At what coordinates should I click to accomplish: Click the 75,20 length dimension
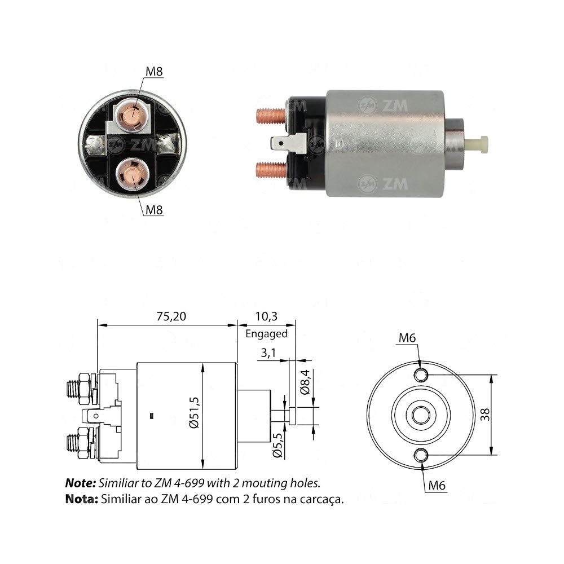pyautogui.click(x=169, y=316)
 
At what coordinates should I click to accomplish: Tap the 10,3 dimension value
pyautogui.click(x=266, y=316)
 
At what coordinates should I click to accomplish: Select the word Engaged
pyautogui.click(x=266, y=333)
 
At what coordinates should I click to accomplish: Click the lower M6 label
pyautogui.click(x=437, y=484)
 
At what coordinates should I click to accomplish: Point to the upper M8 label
pyautogui.click(x=155, y=72)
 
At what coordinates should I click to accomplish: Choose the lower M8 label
pyautogui.click(x=155, y=210)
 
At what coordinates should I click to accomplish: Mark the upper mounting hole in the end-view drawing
pyautogui.click(x=421, y=375)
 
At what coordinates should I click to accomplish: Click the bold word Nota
pyautogui.click(x=82, y=499)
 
